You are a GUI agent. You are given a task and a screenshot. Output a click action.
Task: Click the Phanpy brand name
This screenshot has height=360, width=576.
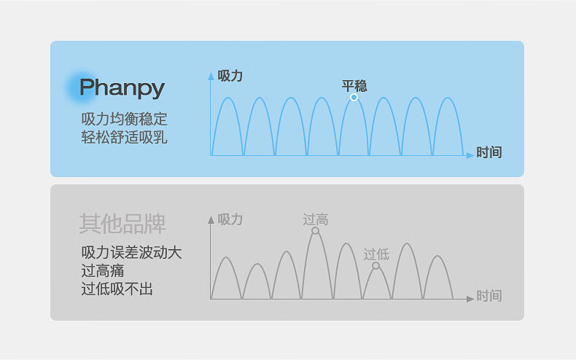[122, 88]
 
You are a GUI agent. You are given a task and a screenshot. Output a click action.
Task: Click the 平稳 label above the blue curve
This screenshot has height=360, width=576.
[354, 85]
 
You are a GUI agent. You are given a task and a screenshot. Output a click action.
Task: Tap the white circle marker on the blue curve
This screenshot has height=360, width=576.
[354, 97]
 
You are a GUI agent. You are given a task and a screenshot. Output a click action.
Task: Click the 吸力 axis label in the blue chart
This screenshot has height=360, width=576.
[230, 75]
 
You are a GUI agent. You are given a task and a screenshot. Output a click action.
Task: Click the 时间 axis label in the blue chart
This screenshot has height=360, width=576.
[489, 152]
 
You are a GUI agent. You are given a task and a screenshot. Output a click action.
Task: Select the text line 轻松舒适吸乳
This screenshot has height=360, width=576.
[124, 136]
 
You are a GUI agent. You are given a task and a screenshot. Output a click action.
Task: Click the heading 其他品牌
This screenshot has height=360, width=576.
[122, 224]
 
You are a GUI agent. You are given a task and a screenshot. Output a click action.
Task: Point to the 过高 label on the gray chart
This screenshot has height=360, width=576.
[315, 219]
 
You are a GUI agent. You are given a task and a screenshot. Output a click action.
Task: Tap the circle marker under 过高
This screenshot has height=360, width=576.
[315, 230]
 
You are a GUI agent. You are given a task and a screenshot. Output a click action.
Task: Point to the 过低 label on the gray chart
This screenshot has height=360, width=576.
[376, 254]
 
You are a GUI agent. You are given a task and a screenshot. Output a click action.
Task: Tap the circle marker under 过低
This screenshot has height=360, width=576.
[375, 266]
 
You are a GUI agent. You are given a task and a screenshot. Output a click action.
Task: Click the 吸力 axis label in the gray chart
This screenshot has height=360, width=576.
[230, 219]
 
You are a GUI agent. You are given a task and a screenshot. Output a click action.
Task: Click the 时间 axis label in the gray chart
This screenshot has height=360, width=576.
[489, 296]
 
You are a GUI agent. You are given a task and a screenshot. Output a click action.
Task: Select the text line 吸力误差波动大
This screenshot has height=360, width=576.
[131, 253]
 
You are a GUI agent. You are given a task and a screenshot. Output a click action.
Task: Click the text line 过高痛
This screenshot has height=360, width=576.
[102, 271]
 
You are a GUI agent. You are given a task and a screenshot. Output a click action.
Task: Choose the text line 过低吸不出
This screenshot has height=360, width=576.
[117, 289]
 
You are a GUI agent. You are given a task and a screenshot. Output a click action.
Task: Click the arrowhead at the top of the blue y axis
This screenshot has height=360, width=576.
[211, 74]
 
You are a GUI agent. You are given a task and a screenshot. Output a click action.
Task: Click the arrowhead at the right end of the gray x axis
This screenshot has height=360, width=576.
[469, 299]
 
